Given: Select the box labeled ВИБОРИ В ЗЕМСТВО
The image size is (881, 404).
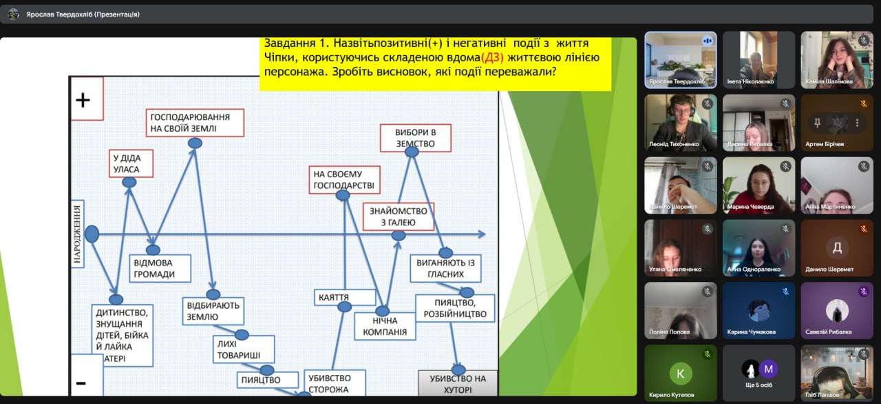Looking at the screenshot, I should click(416, 138).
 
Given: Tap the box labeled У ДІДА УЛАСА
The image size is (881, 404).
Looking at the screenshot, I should click(131, 163).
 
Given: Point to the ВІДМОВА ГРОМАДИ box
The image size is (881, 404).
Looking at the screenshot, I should click(160, 268).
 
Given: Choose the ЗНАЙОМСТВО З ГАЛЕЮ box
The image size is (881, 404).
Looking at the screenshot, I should click(399, 216).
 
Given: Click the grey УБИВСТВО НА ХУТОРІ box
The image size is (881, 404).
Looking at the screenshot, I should click(458, 384).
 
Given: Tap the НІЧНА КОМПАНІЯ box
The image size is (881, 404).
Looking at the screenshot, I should click(385, 326).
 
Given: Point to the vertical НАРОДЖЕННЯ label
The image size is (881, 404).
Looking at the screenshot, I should click(78, 234).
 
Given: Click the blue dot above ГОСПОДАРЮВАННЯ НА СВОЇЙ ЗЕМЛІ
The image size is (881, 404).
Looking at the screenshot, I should click(195, 143).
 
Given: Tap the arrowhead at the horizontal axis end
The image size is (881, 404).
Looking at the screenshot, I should click(482, 234).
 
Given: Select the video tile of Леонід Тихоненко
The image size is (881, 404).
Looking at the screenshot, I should click(680, 122).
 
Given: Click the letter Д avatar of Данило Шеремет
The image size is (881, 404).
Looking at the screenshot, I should click(837, 248).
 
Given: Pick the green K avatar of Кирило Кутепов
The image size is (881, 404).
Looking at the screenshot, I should click(681, 373).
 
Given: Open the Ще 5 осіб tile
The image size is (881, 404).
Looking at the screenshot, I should click(758, 373).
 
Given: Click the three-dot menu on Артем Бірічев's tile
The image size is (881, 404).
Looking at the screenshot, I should click(857, 123).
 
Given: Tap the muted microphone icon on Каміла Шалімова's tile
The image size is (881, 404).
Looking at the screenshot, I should click(864, 41).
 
